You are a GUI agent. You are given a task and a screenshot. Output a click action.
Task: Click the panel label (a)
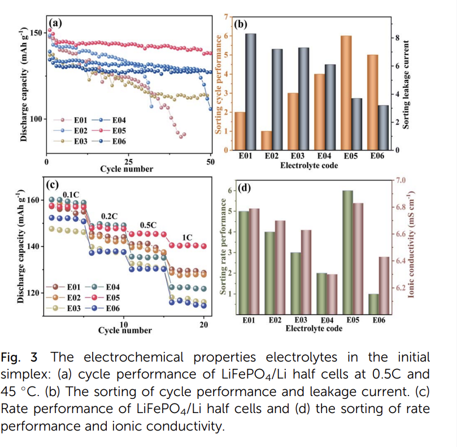coord(55,23)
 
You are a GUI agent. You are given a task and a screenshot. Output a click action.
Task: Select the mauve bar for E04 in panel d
coord(332,293)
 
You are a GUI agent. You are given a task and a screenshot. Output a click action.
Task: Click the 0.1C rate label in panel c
coord(71,194)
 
